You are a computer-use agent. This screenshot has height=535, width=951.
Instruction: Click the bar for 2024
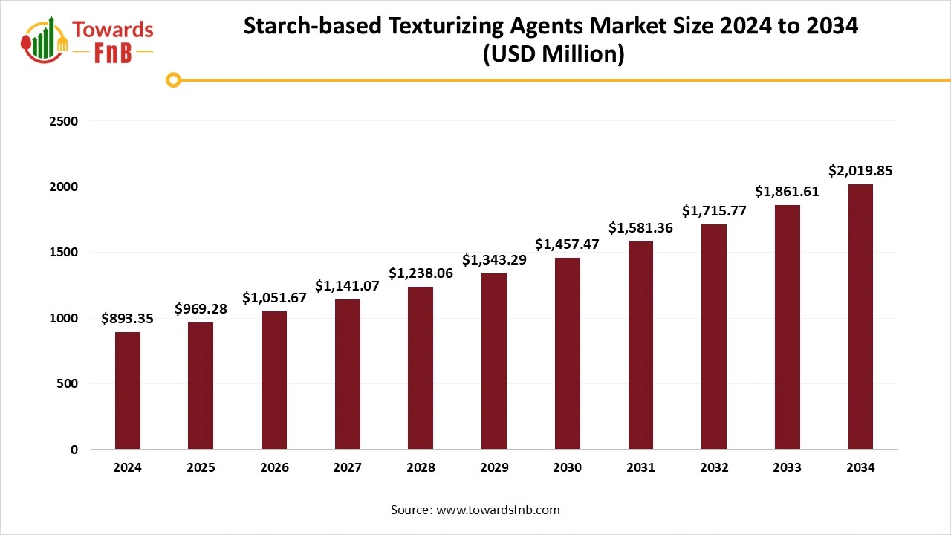point(128,390)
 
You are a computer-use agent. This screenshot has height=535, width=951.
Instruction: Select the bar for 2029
point(494,361)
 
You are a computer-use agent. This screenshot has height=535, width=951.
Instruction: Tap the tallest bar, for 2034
point(860,317)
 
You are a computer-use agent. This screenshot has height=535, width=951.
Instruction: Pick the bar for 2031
point(640,345)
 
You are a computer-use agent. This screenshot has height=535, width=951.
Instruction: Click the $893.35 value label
point(128,319)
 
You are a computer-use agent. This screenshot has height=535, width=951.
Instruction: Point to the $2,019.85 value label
point(860,171)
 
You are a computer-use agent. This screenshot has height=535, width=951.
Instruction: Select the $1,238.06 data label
point(421,273)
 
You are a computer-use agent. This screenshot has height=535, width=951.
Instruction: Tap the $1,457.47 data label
point(567,244)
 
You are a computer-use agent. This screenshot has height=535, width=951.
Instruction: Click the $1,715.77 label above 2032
point(714,211)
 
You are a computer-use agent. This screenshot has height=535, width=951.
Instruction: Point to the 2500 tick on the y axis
point(64,120)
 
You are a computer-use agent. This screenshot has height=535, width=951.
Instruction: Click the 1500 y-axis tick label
point(64,252)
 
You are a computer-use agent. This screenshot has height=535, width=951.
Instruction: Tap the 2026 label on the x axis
point(274,468)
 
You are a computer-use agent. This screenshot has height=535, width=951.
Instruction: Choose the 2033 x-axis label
point(787,468)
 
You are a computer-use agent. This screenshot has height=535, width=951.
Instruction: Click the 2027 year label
point(348,468)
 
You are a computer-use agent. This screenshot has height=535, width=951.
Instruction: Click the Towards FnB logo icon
point(45,39)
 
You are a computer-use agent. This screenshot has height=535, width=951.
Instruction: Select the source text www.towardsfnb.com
point(498,510)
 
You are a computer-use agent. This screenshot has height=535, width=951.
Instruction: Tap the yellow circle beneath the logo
point(173,80)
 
